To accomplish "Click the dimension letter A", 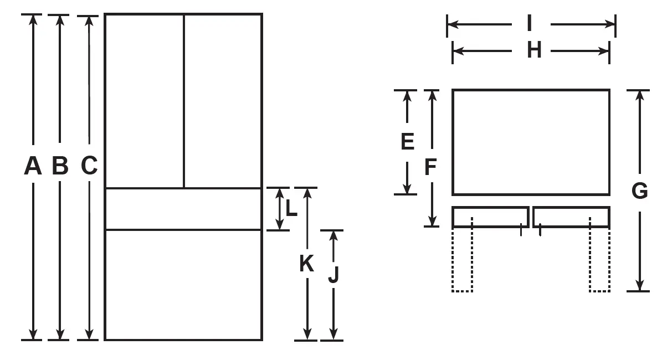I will tap(33, 166).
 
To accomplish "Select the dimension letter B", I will tap(60, 166).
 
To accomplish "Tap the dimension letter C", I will tap(89, 166).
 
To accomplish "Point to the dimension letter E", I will tap(407, 142).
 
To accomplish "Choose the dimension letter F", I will tap(431, 167).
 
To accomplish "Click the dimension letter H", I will tap(534, 50).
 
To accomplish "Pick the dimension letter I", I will tap(530, 24).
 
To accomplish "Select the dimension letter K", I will tap(306, 264).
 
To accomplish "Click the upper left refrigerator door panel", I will tap(144, 101).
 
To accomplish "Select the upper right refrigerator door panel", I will tap(223, 101).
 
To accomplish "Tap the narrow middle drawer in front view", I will tap(183, 209).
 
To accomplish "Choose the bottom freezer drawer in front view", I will tap(183, 285).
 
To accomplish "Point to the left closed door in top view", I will tap(490, 217).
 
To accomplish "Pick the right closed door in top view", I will tap(571, 217).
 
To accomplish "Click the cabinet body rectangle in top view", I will tap(531, 142).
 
